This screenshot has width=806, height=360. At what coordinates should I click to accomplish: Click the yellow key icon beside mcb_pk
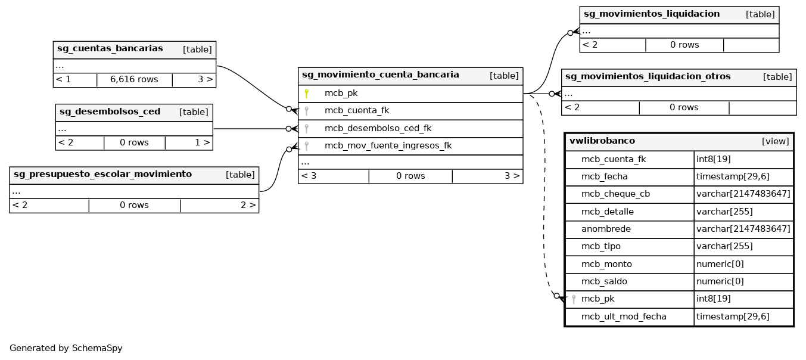click(306, 94)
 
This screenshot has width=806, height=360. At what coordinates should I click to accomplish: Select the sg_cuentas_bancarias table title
click(110, 49)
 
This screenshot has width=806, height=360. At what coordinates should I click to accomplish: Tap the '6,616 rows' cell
click(135, 79)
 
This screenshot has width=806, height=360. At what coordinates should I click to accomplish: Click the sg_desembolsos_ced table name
click(110, 112)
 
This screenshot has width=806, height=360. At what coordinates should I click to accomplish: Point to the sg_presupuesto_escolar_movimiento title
click(103, 175)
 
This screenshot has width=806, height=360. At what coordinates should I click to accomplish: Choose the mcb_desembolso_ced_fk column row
click(378, 128)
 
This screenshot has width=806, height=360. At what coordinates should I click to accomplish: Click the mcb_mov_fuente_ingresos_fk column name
click(388, 145)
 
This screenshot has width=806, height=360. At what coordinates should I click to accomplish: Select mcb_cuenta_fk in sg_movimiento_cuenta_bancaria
click(356, 111)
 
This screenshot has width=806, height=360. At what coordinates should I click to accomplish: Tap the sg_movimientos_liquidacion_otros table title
click(648, 77)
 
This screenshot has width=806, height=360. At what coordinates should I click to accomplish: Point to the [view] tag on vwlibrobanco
click(775, 142)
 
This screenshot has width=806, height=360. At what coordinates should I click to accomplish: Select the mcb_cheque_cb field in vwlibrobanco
click(615, 194)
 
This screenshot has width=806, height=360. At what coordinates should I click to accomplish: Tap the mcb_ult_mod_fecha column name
click(624, 317)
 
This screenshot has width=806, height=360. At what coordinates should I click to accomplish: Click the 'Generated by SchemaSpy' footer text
click(66, 349)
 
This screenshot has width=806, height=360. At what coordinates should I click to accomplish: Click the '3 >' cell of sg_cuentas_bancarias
click(205, 79)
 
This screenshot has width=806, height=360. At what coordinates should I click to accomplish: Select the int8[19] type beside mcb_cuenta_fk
click(714, 160)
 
